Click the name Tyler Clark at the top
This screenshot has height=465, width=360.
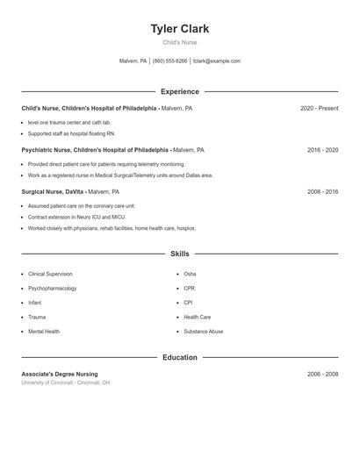pyautogui.click(x=180, y=29)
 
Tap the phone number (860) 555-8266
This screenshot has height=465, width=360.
pyautogui.click(x=169, y=61)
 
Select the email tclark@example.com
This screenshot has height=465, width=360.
pyautogui.click(x=216, y=61)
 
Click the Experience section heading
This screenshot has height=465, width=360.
pyautogui.click(x=180, y=91)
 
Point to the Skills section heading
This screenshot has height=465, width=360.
pyautogui.click(x=180, y=254)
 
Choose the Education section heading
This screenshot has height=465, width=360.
pyautogui.click(x=180, y=357)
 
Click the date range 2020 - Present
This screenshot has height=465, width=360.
pyautogui.click(x=319, y=108)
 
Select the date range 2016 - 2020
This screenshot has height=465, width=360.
pyautogui.click(x=322, y=150)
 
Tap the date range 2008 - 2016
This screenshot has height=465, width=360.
pyautogui.click(x=322, y=191)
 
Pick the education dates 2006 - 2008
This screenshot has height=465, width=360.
pyautogui.click(x=322, y=374)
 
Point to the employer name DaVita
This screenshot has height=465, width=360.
pyautogui.click(x=74, y=191)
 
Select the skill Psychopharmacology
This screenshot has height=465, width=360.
pyautogui.click(x=52, y=289)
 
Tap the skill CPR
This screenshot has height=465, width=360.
pyautogui.click(x=189, y=289)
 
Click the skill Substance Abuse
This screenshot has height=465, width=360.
pyautogui.click(x=203, y=332)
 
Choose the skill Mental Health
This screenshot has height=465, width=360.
pyautogui.click(x=44, y=332)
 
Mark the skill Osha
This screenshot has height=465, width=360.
pyautogui.click(x=190, y=274)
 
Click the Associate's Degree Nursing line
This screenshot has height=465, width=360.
pyautogui.click(x=60, y=374)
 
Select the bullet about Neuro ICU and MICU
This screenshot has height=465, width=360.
pyautogui.click(x=76, y=216)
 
